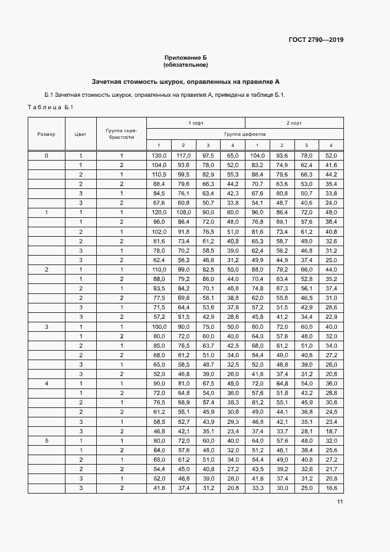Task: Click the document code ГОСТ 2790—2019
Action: click(x=316, y=40)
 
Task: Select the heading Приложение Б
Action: click(x=185, y=57)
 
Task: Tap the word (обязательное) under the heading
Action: click(x=185, y=64)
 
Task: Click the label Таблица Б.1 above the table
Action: click(x=50, y=107)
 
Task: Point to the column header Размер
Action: click(x=47, y=134)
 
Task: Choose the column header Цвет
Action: click(x=81, y=134)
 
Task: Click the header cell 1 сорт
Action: click(x=195, y=123)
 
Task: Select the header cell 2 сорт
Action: click(x=294, y=123)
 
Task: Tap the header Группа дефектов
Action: click(x=245, y=134)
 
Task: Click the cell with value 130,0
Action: click(x=159, y=155)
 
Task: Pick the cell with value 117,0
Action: click(x=183, y=155)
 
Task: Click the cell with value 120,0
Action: click(x=159, y=211)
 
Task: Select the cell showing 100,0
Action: click(x=159, y=326)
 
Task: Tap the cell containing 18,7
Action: click(x=331, y=432)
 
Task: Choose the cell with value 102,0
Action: click(x=159, y=231)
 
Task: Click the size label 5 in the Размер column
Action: click(x=47, y=440)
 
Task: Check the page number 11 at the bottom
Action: click(x=339, y=502)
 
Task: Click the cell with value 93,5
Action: click(x=159, y=288)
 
